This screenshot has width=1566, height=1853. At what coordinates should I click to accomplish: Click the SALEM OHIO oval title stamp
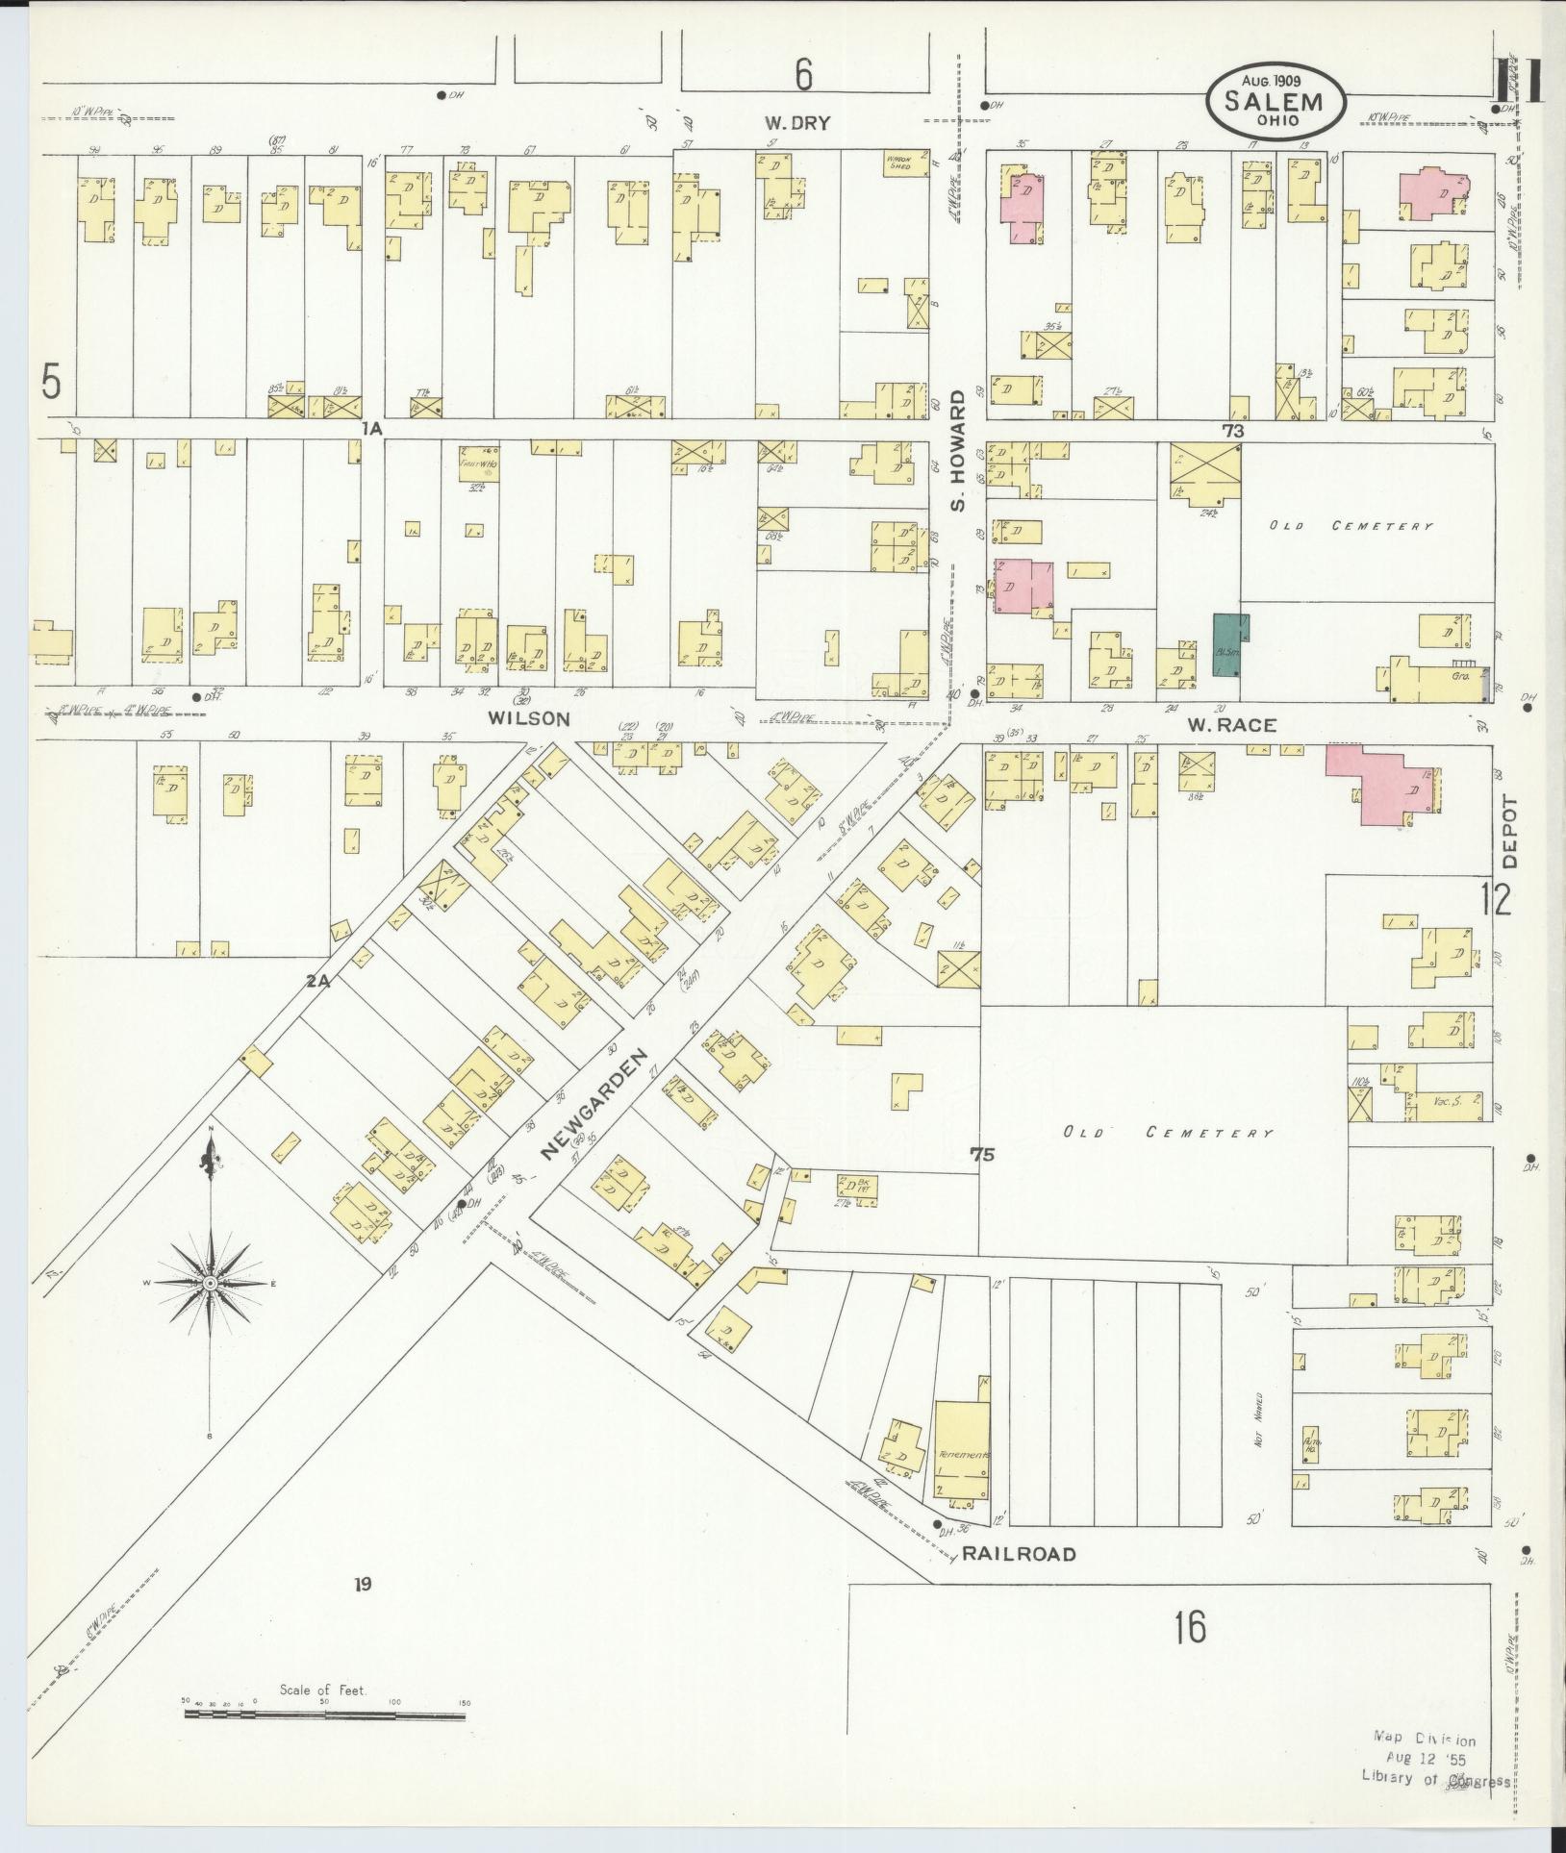pos(1276,103)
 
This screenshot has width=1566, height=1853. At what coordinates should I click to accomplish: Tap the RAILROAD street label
pos(1019,1581)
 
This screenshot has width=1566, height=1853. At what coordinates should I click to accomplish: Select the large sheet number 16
pos(1190,1627)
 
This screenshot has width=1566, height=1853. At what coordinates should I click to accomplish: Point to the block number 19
pos(362,1584)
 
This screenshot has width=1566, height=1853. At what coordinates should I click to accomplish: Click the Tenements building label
pos(962,1483)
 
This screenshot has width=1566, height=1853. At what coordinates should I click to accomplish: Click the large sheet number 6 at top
pos(804,74)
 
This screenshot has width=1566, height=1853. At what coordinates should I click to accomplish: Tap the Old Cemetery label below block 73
pos(1351,526)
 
